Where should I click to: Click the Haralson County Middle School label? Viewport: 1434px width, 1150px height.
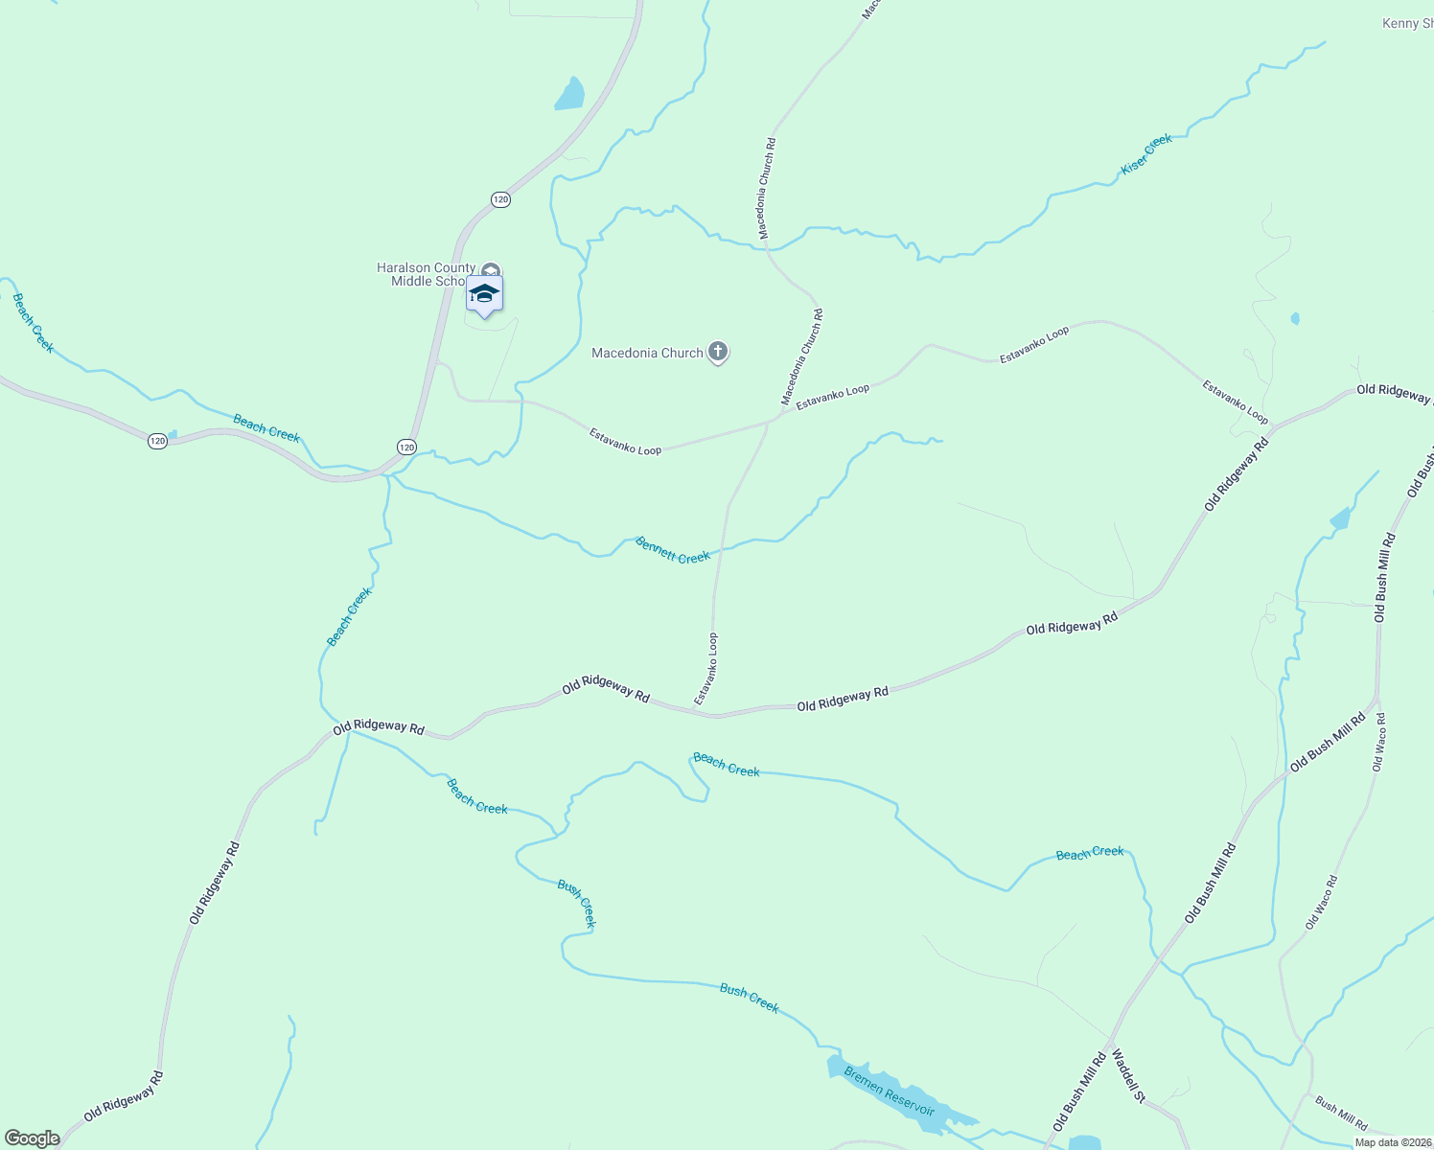[426, 274]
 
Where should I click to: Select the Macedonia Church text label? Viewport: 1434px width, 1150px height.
[647, 353]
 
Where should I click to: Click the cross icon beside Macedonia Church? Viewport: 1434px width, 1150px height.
[718, 352]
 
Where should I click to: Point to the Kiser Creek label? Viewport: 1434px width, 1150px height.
[1146, 154]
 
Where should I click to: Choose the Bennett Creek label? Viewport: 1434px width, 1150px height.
[673, 550]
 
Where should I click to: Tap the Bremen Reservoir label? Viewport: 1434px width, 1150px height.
[889, 1091]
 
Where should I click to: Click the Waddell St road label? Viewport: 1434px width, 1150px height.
[1127, 1076]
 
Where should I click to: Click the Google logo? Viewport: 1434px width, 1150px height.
[33, 1138]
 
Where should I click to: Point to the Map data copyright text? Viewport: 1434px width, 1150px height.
[1392, 1142]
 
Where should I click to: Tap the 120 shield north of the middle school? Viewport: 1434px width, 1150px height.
[500, 199]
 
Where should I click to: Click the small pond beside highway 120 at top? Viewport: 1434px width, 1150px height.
[569, 95]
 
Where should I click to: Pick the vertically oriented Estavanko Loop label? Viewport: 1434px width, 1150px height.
[706, 669]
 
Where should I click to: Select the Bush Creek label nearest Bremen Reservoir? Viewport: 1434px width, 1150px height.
[749, 998]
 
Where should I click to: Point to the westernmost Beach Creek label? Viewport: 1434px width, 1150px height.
[34, 323]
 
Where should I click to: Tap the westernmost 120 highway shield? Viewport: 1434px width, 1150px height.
[158, 441]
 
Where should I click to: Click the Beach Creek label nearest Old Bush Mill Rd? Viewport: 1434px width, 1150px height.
[1089, 853]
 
